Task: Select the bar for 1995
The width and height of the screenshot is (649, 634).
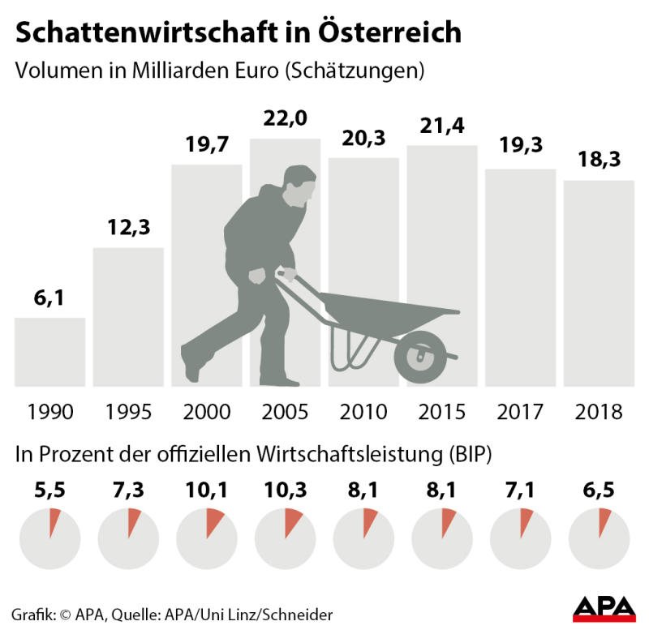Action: click(128, 316)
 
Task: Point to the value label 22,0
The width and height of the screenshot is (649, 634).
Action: click(285, 120)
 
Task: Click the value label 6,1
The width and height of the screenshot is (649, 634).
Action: click(49, 300)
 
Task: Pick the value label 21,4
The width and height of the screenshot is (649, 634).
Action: click(442, 126)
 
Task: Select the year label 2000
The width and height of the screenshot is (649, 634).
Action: click(206, 411)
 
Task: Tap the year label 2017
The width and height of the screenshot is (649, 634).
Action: click(520, 411)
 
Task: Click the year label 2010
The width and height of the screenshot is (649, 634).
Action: click(363, 411)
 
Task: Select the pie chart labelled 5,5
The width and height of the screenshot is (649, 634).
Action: click(49, 538)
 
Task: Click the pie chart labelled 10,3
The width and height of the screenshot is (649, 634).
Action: click(285, 538)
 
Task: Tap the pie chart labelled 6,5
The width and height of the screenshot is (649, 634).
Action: click(599, 538)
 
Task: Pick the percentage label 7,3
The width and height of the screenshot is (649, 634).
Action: click(128, 491)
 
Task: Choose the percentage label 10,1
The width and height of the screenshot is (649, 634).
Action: click(206, 491)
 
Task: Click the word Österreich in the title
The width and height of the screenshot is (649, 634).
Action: click(385, 32)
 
